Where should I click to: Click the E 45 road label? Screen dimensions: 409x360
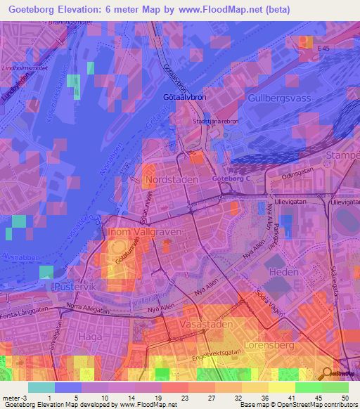click(323, 47)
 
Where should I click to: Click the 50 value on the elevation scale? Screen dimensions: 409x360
click(345, 398)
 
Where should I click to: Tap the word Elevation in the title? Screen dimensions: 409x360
click(86, 11)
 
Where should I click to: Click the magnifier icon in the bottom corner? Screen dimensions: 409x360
click(326, 373)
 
